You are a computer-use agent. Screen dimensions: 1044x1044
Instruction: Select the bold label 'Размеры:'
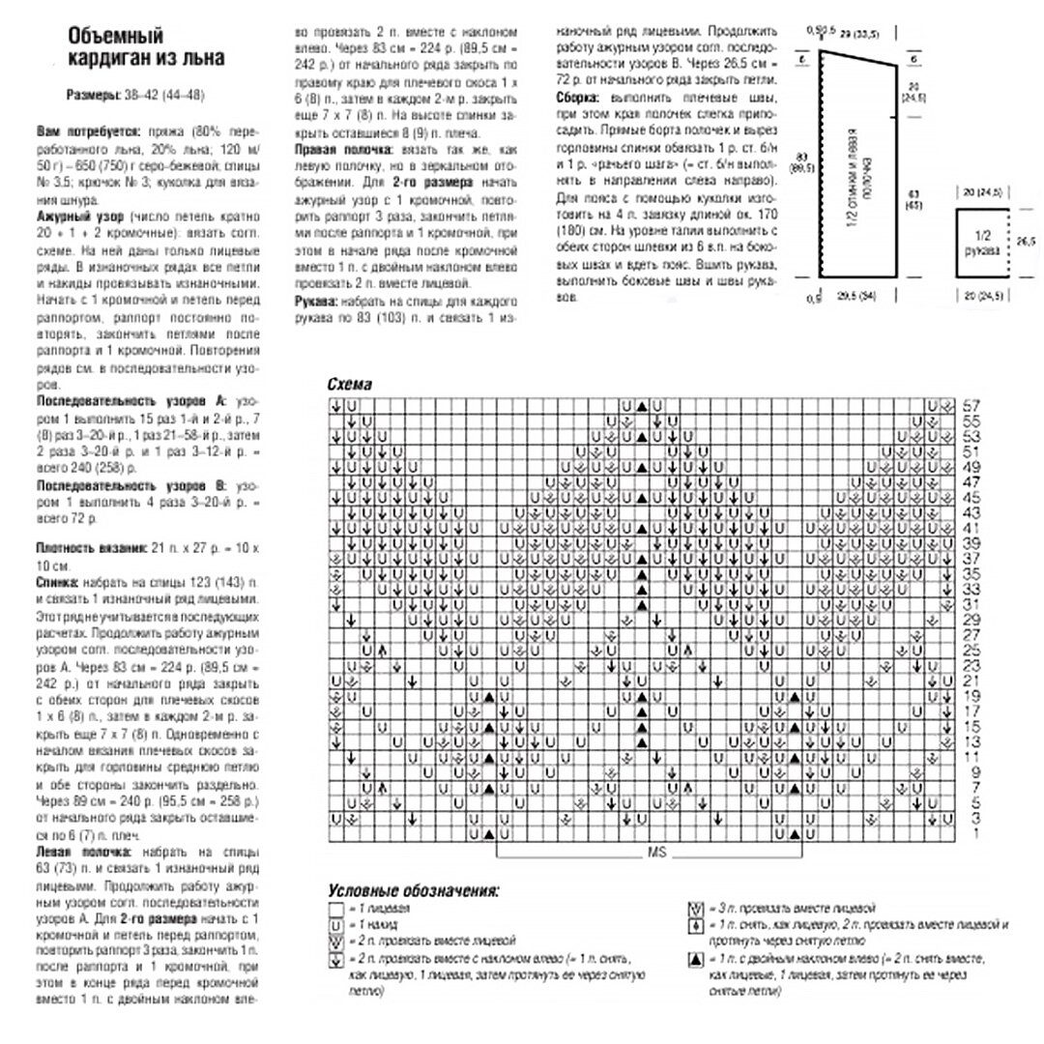click(x=93, y=95)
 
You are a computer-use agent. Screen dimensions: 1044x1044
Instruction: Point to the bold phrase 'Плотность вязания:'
click(x=93, y=548)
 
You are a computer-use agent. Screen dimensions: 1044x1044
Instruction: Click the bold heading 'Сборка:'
click(x=579, y=98)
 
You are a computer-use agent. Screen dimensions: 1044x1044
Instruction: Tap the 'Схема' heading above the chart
click(x=349, y=384)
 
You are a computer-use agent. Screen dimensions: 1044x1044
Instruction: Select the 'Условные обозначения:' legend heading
click(x=413, y=890)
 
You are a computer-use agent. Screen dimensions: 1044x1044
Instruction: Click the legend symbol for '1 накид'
click(x=336, y=925)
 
